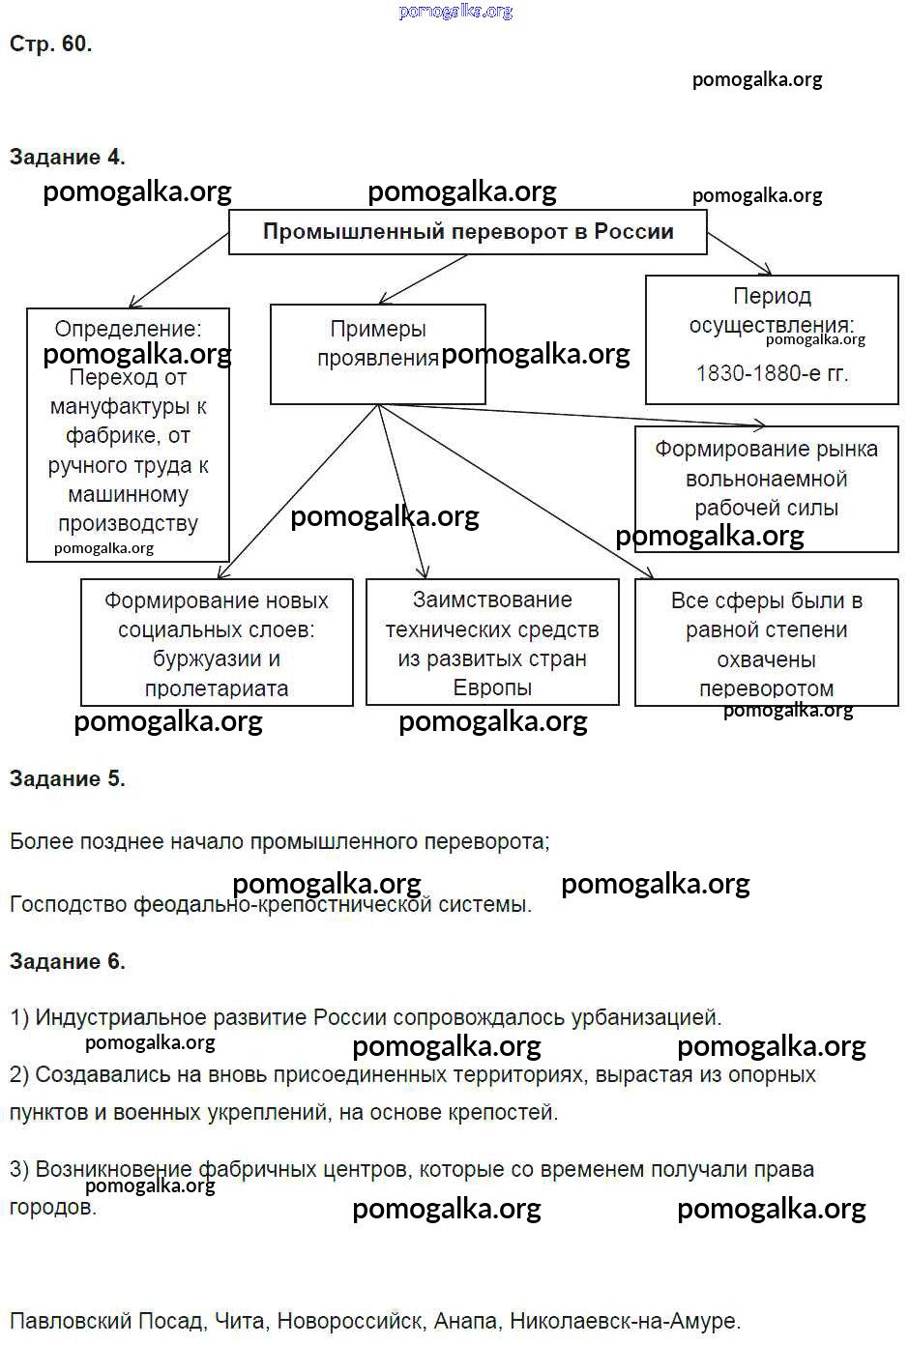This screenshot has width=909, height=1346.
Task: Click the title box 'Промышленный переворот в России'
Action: pos(468,232)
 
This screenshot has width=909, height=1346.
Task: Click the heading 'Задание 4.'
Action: pos(67,157)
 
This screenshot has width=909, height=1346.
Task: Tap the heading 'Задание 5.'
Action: pos(67,778)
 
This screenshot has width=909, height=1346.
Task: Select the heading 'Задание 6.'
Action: pos(67,961)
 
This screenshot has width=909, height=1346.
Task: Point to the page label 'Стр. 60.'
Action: pos(50,44)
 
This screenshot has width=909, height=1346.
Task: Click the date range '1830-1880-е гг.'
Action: pos(772,373)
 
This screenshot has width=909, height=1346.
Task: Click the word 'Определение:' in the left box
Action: pos(128,329)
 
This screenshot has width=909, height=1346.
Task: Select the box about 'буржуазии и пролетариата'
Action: pos(217,644)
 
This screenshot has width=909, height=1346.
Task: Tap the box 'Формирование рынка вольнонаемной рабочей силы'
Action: pos(766,479)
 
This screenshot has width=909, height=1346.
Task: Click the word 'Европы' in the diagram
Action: pos(492,688)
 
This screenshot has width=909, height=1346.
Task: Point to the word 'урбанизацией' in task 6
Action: pos(645,1017)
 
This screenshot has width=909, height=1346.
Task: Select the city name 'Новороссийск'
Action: pos(348,1321)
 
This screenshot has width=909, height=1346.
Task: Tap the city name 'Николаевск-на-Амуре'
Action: pos(624,1321)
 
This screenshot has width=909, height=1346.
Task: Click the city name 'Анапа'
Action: pos(465,1321)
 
